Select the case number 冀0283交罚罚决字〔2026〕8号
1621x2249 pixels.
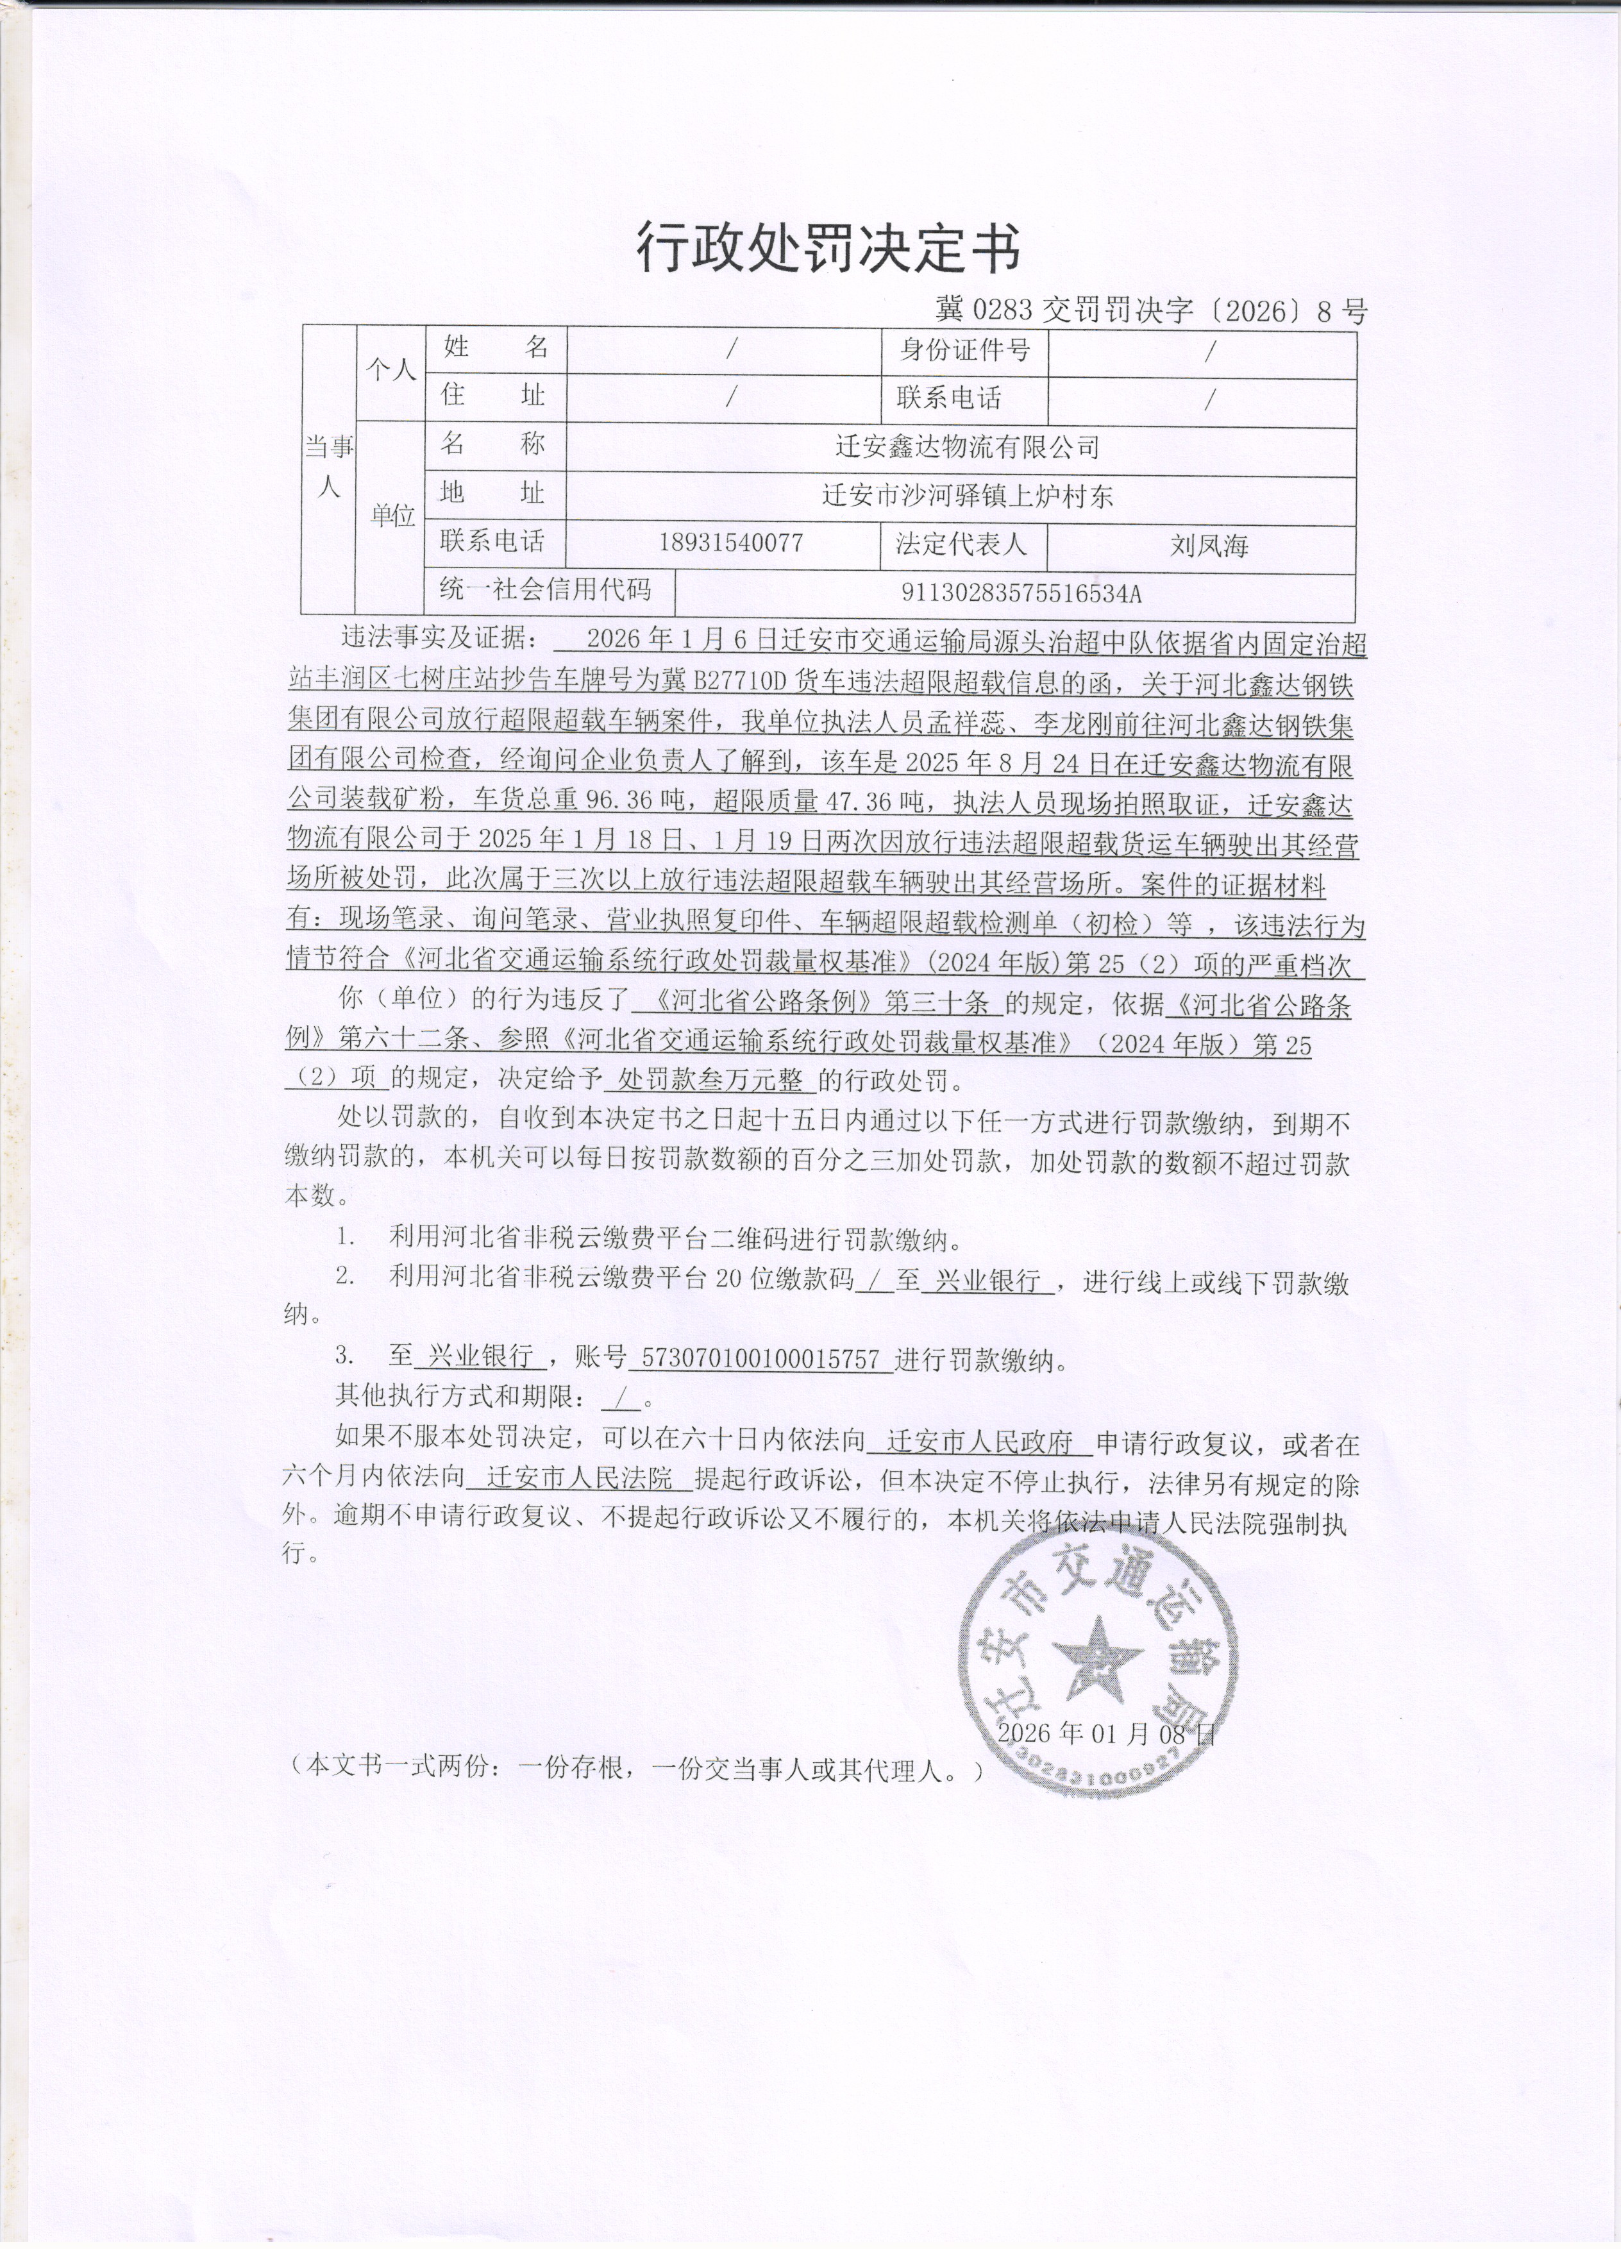tap(1151, 312)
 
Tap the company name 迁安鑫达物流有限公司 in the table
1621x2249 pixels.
tap(967, 447)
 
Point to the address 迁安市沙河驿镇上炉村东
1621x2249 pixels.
tap(967, 495)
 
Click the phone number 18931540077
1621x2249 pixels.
tap(731, 543)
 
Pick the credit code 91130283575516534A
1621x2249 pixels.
tap(1021, 593)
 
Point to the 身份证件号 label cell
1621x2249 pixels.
tap(964, 350)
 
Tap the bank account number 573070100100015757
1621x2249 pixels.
tap(760, 1358)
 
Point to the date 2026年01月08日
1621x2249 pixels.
tap(1105, 1733)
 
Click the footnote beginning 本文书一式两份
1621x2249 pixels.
tap(635, 1767)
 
